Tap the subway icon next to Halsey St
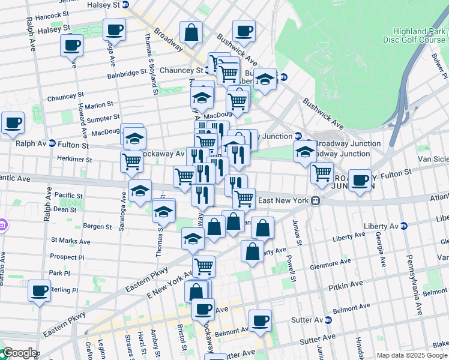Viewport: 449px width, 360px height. click(125, 5)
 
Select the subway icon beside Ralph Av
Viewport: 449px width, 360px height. click(52, 144)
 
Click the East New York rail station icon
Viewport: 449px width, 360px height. click(315, 201)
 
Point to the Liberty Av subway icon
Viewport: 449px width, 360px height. click(403, 226)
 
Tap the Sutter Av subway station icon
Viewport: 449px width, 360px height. click(328, 320)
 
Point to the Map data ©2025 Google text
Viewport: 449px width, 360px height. click(412, 355)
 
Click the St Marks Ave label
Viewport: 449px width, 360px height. click(70, 241)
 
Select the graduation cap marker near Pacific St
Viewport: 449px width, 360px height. click(140, 192)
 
